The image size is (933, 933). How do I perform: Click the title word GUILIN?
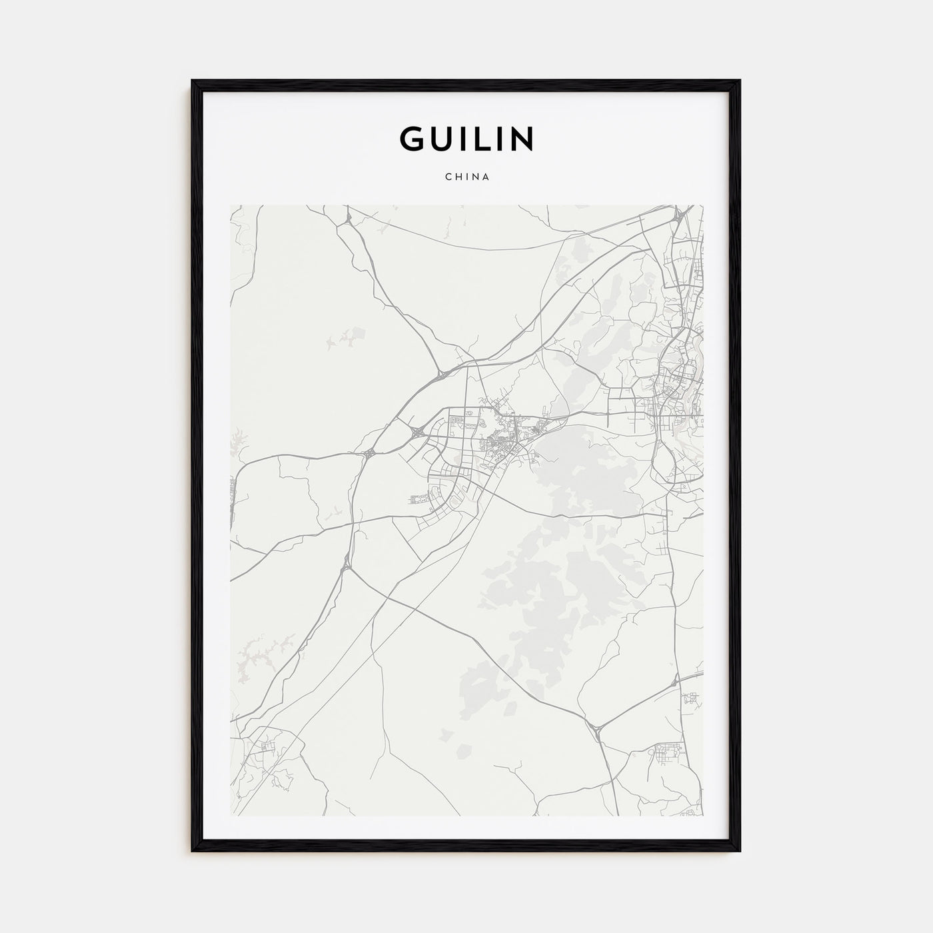(467, 138)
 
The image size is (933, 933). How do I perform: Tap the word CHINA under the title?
(467, 177)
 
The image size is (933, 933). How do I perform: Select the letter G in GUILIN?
(411, 138)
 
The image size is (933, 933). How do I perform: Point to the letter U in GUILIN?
(442, 138)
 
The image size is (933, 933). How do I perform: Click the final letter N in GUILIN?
(522, 138)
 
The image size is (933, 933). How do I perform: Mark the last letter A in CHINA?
(487, 177)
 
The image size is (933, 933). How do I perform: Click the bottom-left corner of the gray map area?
(231, 815)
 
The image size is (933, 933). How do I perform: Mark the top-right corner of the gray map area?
(702, 206)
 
